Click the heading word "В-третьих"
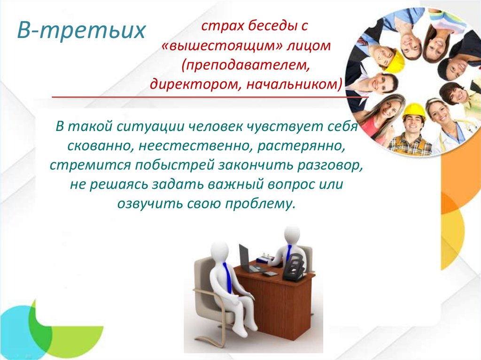pyautogui.click(x=81, y=30)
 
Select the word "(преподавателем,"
pyautogui.click(x=245, y=65)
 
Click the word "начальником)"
pyautogui.click(x=294, y=84)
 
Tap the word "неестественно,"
pyautogui.click(x=196, y=146)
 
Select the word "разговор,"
pyautogui.click(x=330, y=165)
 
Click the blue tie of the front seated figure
pyautogui.click(x=227, y=277)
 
